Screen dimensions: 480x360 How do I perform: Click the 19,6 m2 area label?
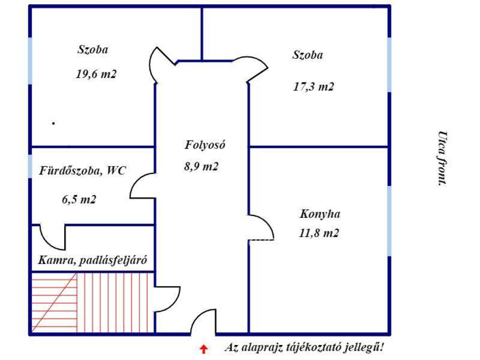tap(96, 74)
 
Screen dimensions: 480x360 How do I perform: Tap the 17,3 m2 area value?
tap(314, 87)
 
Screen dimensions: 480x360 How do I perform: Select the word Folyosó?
tap(205, 144)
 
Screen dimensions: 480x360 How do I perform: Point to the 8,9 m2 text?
tap(201, 166)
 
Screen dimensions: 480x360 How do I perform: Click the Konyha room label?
tap(320, 214)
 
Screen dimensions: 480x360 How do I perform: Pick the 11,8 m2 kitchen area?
tap(319, 233)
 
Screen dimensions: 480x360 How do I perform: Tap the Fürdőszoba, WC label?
tap(82, 171)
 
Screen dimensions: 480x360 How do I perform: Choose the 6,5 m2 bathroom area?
tap(79, 200)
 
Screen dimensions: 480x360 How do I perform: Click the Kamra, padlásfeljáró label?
tap(92, 260)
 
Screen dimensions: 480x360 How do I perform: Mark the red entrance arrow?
tap(203, 349)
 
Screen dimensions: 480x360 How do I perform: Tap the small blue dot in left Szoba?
tap(53, 123)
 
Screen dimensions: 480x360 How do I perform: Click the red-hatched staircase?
tap(90, 302)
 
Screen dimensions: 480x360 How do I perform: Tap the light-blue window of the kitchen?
tap(389, 221)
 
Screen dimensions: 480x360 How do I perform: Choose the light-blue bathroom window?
tap(30, 166)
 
